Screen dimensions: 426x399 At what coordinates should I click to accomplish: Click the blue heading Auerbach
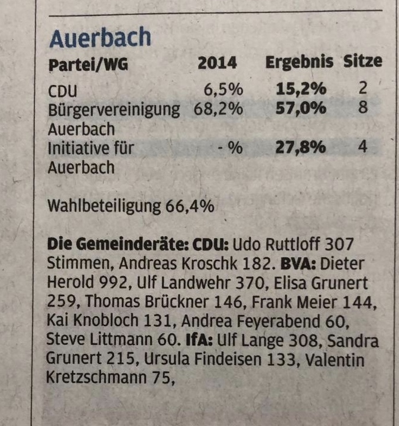[x=100, y=38]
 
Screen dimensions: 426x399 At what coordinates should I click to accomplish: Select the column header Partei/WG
[x=88, y=63]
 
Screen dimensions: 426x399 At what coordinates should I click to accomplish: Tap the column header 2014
[x=218, y=63]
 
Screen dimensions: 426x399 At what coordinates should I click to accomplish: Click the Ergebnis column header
[x=299, y=62]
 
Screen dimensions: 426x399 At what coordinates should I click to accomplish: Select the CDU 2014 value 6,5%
[x=223, y=90]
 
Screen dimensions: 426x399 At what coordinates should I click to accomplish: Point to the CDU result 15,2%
[x=301, y=90]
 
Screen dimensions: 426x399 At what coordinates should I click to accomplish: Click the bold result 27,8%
[x=301, y=147]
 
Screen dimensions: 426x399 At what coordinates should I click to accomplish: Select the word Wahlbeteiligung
[x=103, y=207]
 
